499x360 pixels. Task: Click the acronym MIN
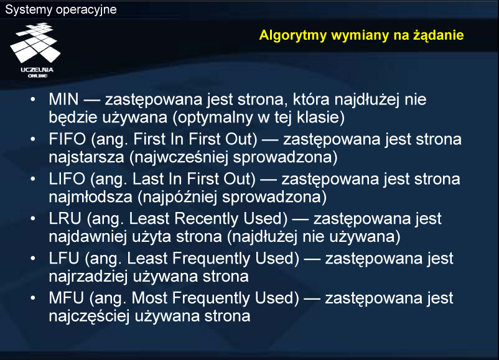point(63,99)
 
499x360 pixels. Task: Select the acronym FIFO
point(67,139)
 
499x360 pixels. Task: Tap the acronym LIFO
point(67,178)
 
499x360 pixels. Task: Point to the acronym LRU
point(65,218)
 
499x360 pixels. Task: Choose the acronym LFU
point(64,258)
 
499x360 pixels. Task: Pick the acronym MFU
point(66,298)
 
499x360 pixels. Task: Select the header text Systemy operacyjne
point(61,9)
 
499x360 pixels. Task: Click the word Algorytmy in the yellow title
point(293,35)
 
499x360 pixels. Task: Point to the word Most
point(149,298)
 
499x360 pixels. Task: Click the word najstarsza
point(86,157)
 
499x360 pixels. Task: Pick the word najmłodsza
point(91,197)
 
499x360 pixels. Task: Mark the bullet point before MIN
point(33,99)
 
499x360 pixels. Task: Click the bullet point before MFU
point(33,298)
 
